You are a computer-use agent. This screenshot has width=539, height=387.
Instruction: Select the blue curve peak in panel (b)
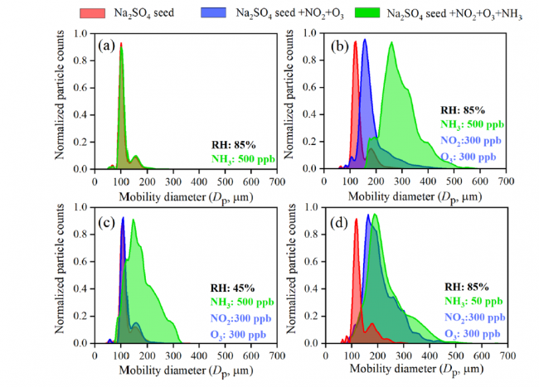(x=364, y=40)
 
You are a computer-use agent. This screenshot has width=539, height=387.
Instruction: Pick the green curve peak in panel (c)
(x=133, y=220)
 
